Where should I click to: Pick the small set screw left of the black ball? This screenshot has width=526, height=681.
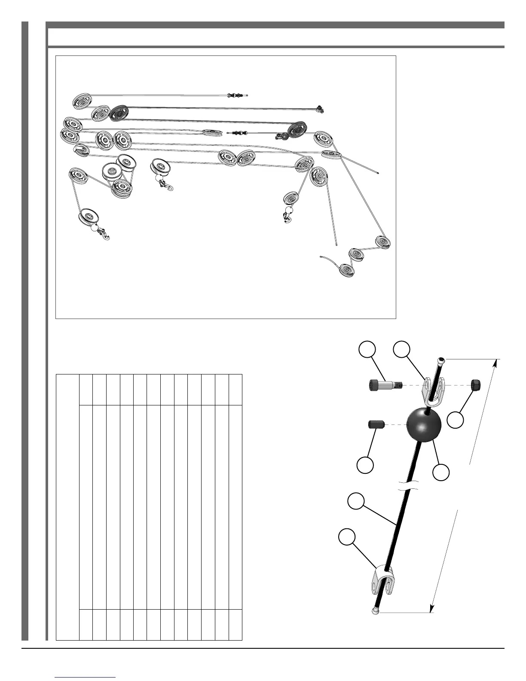click(x=375, y=425)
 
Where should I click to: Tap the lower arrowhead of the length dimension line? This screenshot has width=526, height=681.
click(x=431, y=607)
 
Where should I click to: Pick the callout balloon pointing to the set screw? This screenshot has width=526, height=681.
click(x=365, y=465)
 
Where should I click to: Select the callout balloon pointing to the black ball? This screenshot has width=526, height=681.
click(x=441, y=472)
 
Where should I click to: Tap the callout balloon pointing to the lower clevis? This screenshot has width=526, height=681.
click(x=346, y=537)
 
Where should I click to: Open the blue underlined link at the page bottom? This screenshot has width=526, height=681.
click(x=86, y=677)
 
